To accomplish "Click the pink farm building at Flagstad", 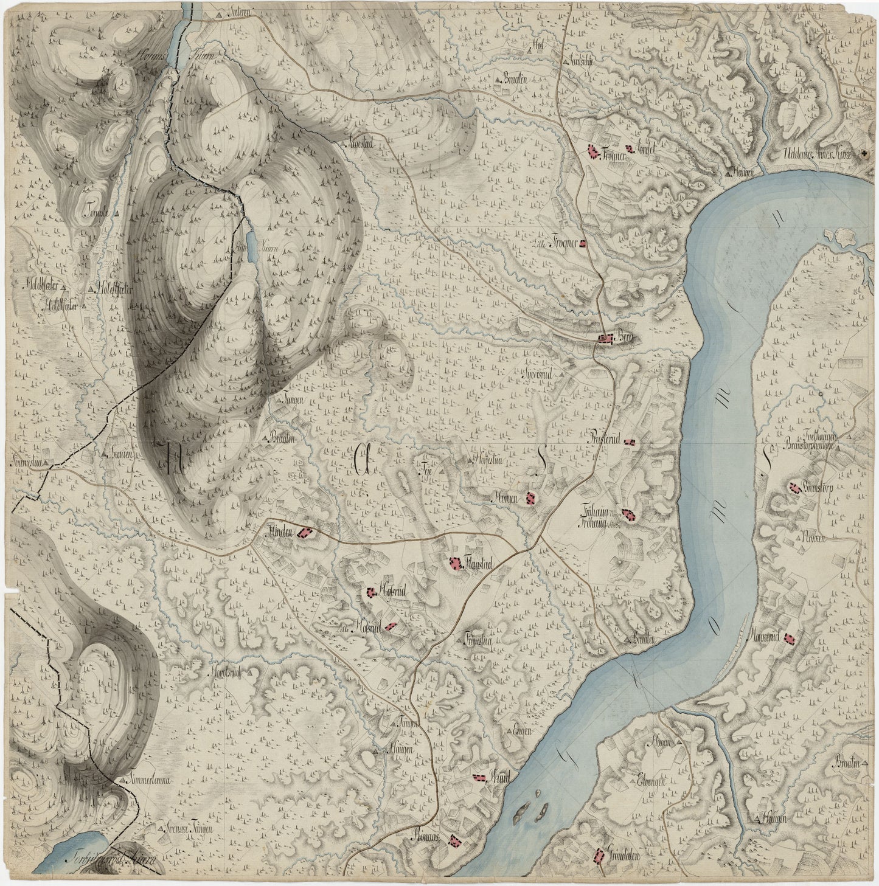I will (x=454, y=564).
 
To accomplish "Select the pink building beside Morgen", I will (x=530, y=498).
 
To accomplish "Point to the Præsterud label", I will (x=606, y=438).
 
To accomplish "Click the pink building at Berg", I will (x=605, y=338).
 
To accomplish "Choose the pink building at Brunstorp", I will (x=794, y=486).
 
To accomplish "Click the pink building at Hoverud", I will (x=790, y=638).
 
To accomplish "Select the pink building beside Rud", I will (x=481, y=777).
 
